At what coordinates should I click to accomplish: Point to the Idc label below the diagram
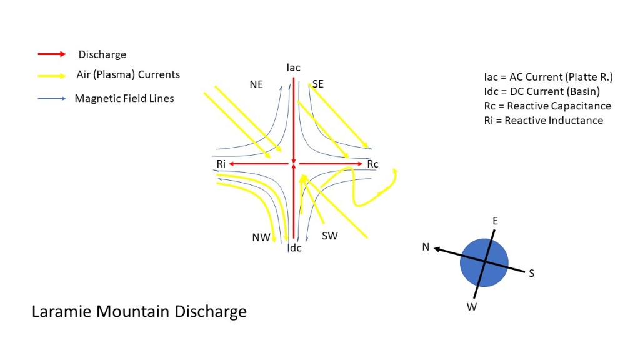point(294,248)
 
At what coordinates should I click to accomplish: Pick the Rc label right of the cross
point(372,164)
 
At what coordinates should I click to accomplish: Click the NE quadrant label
point(256,84)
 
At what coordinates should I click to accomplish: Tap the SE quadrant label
point(317,84)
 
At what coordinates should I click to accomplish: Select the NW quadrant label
point(261,237)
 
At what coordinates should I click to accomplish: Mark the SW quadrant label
point(329,236)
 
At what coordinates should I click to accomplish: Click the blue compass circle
point(484,262)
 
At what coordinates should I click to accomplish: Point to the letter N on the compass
point(426,247)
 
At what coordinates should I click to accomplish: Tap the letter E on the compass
point(495,221)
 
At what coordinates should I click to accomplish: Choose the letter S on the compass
point(531,273)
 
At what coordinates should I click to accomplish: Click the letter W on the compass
point(472,306)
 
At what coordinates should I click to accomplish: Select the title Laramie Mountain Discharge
point(139,311)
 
